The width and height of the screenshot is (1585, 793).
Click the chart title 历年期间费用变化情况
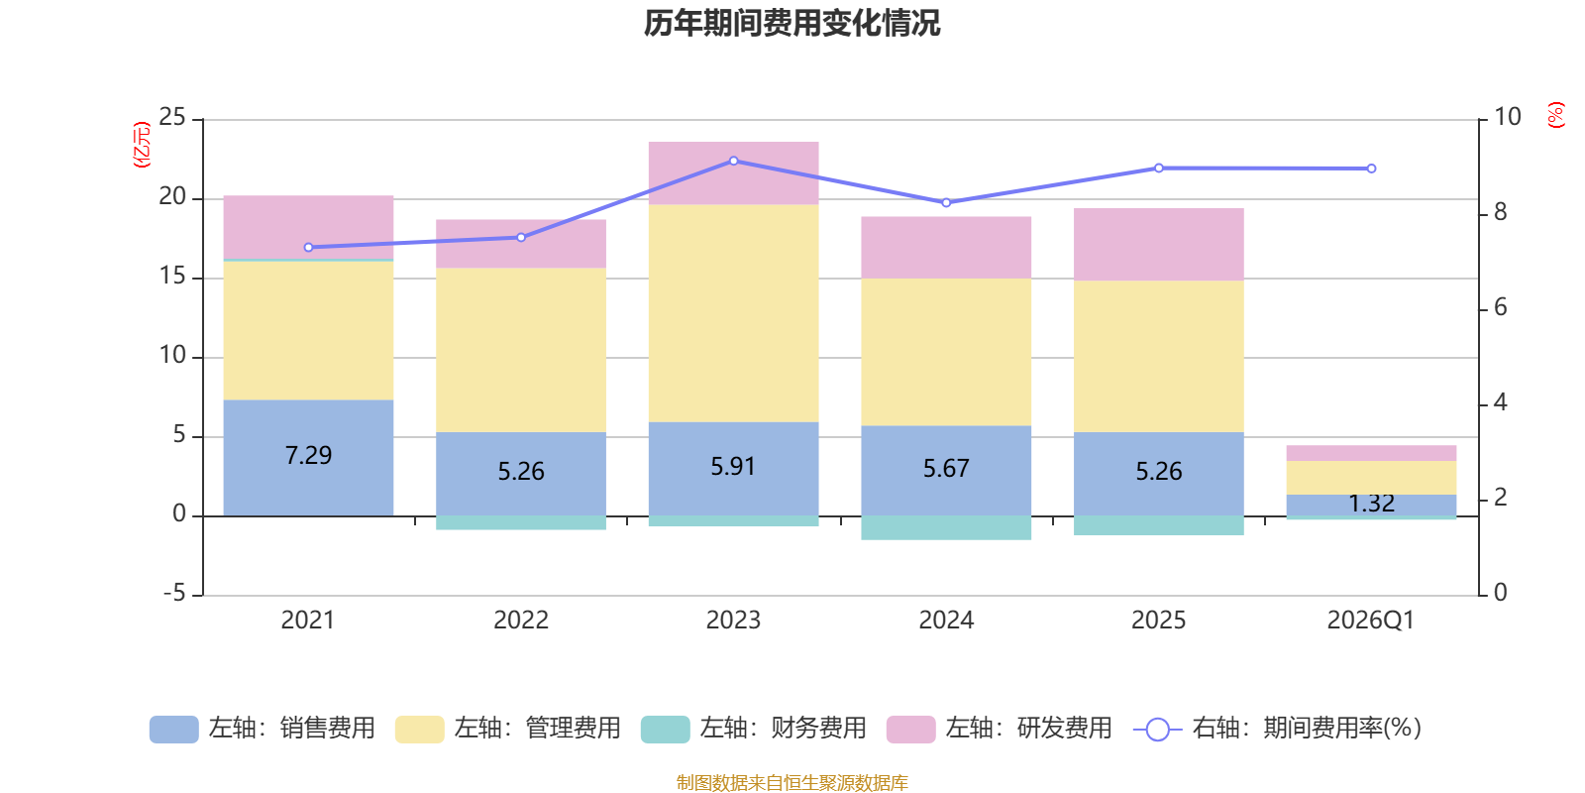[792, 23]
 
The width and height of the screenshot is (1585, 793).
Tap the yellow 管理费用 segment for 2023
[733, 312]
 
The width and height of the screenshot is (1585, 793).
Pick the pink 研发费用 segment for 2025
[1159, 244]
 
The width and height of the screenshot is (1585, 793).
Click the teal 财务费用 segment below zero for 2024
[946, 527]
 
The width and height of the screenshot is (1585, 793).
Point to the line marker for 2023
[733, 161]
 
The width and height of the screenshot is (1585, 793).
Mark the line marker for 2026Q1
[1371, 169]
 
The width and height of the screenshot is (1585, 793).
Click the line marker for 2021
[308, 247]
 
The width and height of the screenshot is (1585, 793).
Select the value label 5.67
[946, 468]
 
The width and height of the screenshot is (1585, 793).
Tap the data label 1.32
[1371, 504]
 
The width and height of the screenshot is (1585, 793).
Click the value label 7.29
[308, 455]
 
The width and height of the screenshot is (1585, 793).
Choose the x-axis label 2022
[521, 621]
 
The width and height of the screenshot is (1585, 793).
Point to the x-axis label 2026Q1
[1371, 621]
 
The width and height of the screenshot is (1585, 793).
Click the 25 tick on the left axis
[172, 118]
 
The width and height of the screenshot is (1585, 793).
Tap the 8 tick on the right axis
[1500, 212]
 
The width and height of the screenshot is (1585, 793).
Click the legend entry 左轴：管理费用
[507, 729]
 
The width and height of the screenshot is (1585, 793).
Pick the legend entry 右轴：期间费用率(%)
[1278, 729]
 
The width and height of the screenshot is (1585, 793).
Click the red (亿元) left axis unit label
[143, 145]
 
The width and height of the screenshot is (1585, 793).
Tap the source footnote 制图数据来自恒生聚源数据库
[792, 783]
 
